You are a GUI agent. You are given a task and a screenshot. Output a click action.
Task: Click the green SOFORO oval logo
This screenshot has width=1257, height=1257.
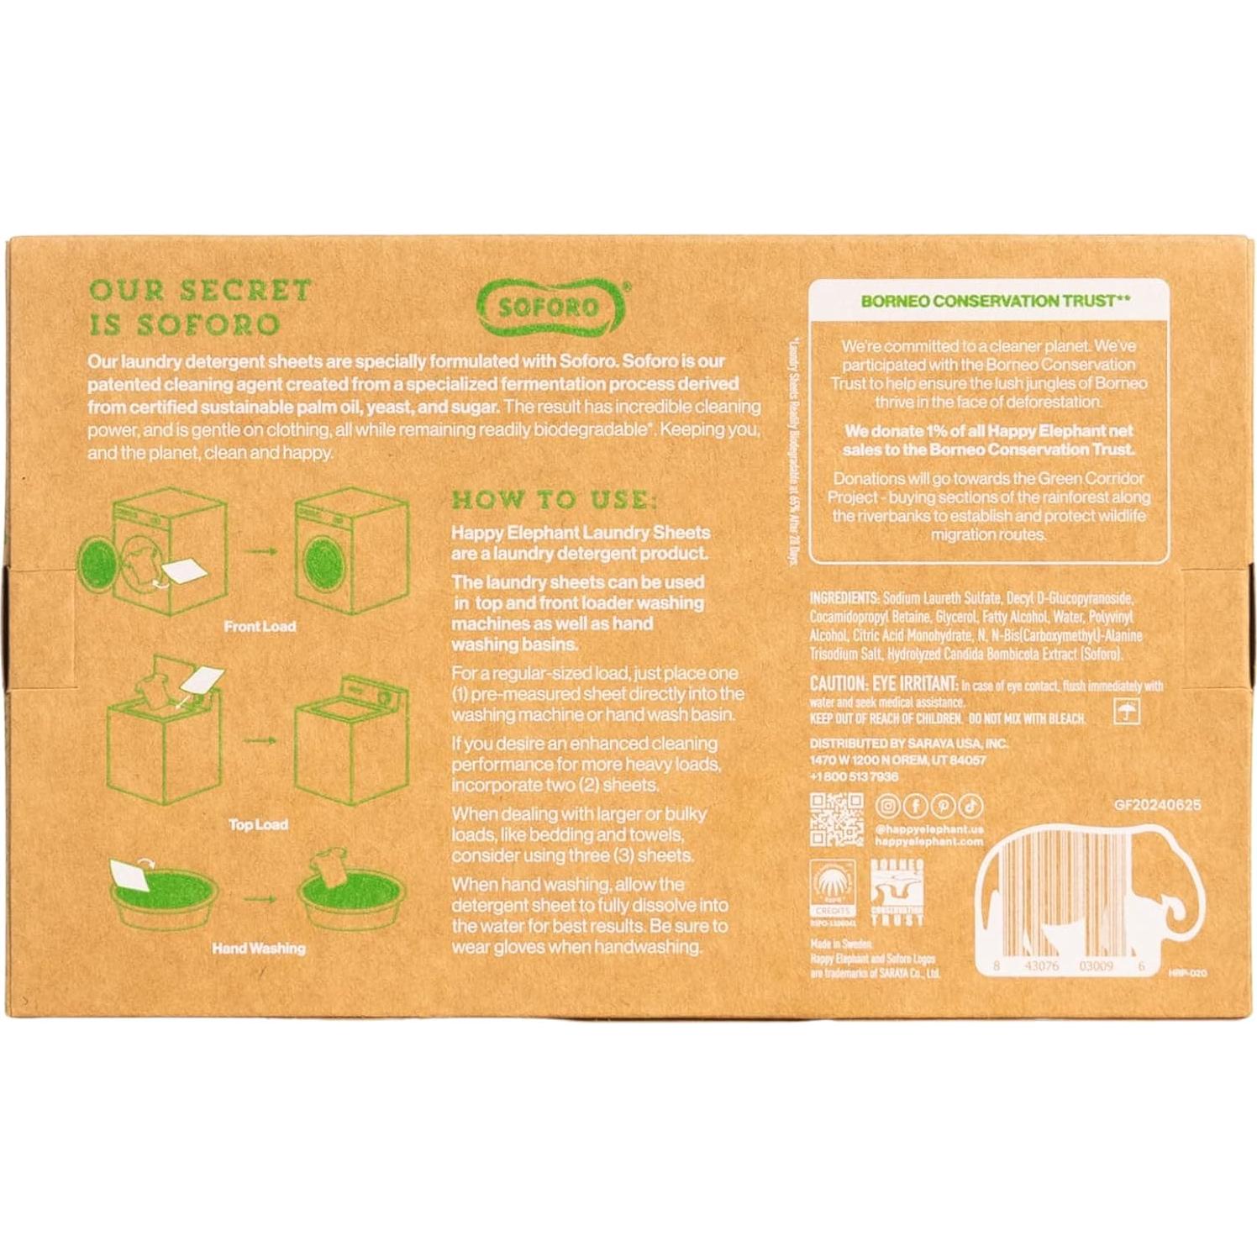(x=551, y=307)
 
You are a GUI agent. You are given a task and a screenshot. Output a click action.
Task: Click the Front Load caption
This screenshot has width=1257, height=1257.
(x=260, y=627)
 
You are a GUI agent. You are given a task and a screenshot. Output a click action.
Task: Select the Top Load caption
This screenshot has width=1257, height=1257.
(x=258, y=825)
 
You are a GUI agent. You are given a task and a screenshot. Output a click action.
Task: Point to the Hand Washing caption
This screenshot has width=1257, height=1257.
(x=259, y=949)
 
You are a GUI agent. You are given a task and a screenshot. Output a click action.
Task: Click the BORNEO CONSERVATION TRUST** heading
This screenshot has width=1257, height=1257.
(x=988, y=301)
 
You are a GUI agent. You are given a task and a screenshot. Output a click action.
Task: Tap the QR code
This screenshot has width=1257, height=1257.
(x=836, y=819)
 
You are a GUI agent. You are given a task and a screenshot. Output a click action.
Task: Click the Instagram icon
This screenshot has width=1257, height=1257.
(x=887, y=806)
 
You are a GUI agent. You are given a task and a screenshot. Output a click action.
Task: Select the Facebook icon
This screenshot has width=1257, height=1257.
(x=915, y=806)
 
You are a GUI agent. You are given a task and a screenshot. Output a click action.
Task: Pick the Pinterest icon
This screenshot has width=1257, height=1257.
(x=943, y=806)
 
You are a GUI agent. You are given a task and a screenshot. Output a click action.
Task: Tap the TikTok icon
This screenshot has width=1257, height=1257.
(x=970, y=806)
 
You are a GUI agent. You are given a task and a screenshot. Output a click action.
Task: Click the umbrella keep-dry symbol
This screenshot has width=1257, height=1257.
(x=1126, y=713)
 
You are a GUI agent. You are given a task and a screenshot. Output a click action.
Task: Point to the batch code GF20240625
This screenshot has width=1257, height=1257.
(x=1157, y=805)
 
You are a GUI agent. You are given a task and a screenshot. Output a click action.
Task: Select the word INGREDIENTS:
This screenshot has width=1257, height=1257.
(x=844, y=598)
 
